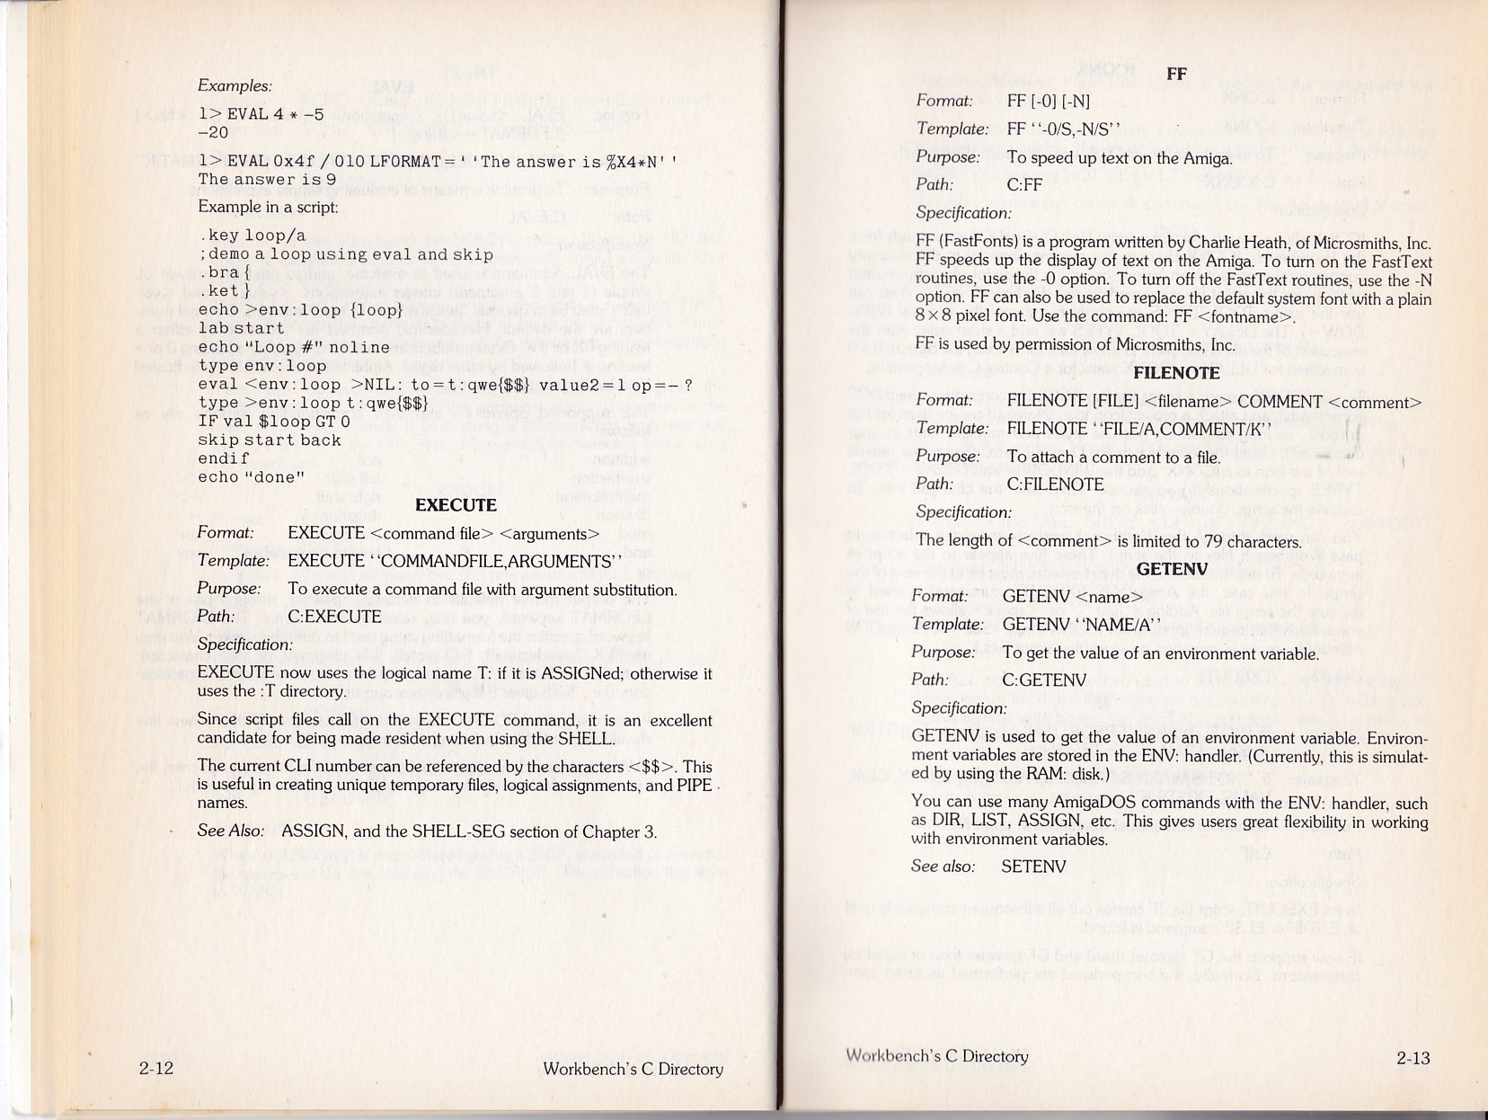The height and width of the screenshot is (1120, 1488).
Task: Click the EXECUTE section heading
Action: coord(456,505)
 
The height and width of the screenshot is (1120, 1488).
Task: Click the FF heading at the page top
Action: coord(1176,74)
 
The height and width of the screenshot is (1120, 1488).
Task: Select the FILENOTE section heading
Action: coord(1176,373)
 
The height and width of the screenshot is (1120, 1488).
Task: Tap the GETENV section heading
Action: coord(1172,569)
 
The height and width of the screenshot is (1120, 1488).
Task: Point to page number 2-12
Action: coord(155,1069)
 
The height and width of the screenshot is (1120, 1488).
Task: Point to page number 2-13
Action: coord(1413,1058)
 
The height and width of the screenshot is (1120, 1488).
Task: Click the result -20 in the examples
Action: coord(213,133)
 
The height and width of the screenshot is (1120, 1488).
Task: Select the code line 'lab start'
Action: coord(241,329)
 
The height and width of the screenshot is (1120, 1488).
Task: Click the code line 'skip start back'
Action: coord(270,440)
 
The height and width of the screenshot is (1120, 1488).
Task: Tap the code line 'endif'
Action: coord(224,458)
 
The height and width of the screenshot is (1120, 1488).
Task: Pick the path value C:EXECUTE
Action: coord(334,617)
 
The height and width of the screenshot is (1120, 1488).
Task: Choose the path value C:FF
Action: coord(1024,185)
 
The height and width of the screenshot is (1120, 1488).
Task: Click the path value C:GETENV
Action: coord(1044,680)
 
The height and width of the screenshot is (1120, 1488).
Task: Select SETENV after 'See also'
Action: coord(1033,867)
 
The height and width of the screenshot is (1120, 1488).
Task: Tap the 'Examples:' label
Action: coord(235,86)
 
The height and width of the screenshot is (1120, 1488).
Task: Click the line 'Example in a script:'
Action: coord(268,207)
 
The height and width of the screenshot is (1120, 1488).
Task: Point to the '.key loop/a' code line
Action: coord(252,236)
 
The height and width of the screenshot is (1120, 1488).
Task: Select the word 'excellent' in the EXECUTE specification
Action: coord(680,720)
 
